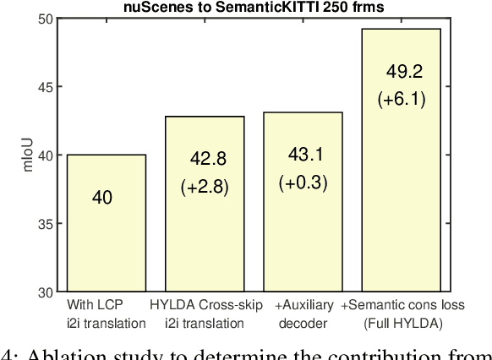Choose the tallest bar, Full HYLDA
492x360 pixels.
tap(402, 211)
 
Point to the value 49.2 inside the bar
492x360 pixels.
tap(402, 71)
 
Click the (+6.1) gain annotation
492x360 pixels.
tap(402, 100)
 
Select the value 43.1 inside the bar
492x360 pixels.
tap(303, 155)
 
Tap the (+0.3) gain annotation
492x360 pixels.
tap(303, 183)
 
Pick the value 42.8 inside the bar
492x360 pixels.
tap(205, 158)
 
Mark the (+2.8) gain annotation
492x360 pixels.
tap(205, 187)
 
